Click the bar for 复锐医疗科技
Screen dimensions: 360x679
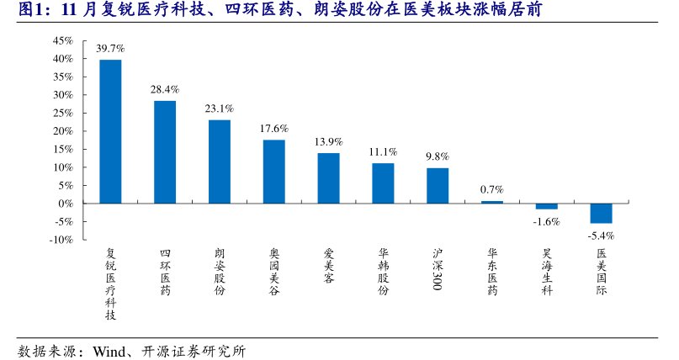coord(110,131)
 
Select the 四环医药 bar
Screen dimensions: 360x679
coord(165,151)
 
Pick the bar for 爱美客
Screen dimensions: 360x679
coord(328,177)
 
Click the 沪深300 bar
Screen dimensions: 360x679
coord(438,185)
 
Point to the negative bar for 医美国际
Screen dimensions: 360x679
coord(601,213)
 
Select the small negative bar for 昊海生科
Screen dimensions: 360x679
coord(547,206)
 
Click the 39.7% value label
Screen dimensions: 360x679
coord(110,48)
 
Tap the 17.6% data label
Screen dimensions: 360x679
coord(274,129)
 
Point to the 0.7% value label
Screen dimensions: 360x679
coord(492,189)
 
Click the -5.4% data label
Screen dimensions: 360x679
coord(601,236)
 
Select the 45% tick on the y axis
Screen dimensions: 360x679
coord(62,40)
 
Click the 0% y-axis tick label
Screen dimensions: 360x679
coord(66,204)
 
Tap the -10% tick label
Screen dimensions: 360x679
coord(61,240)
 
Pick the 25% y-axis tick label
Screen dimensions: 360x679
coord(62,113)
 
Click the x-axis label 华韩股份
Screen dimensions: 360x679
coord(383,271)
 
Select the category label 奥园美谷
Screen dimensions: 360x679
coord(274,271)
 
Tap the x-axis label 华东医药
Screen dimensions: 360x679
coord(492,271)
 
